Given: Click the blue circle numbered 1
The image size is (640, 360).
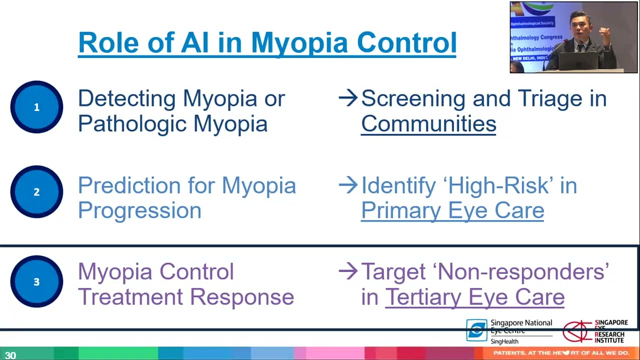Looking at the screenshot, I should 36,107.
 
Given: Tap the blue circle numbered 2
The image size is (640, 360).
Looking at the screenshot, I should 36,192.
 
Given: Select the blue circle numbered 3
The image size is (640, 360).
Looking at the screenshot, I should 36,282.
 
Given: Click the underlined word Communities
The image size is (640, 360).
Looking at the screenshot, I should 428,124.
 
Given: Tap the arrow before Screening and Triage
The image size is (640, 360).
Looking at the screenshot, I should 348,98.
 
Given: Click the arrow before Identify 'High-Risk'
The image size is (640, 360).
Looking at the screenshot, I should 348,185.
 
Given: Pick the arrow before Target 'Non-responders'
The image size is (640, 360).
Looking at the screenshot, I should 348,271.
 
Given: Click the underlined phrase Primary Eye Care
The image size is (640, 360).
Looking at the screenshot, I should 452,210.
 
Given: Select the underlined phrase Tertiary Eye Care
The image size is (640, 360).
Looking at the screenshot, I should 474,297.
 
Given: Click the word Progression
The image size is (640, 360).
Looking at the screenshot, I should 139,210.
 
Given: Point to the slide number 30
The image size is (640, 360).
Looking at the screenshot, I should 10,355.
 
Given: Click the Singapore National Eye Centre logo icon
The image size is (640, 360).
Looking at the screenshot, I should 476,330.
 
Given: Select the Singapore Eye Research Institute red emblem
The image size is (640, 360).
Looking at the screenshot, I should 577,331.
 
